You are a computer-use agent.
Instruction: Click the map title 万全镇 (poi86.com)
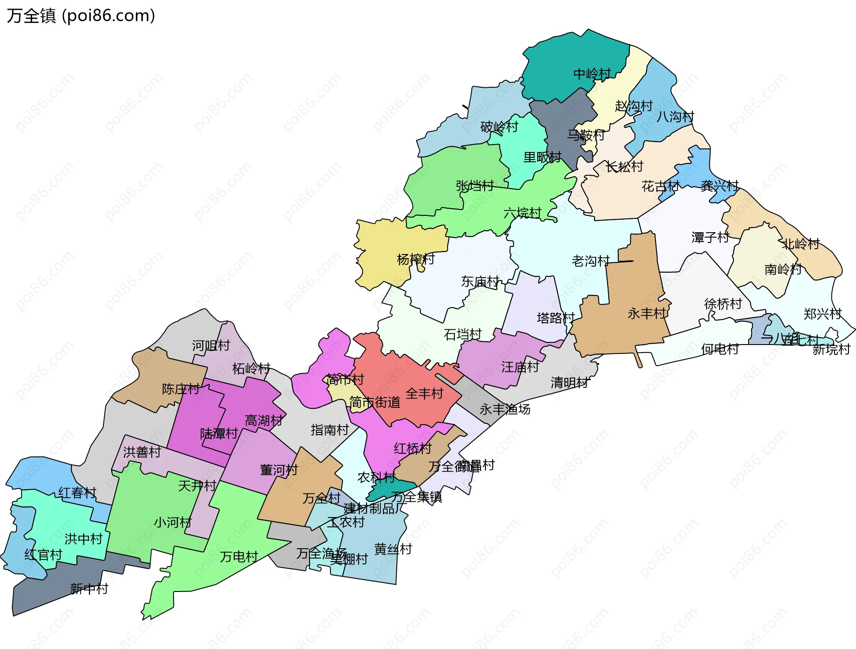81,16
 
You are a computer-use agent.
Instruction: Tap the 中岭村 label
592,74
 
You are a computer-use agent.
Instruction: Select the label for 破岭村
499,127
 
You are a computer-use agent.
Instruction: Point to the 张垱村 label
474,186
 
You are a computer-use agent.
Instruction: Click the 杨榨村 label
416,259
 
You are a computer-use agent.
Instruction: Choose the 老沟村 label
590,261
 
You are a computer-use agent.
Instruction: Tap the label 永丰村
646,313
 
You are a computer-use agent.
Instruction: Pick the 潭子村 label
710,237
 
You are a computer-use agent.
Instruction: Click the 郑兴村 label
822,314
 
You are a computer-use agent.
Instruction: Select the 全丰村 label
424,393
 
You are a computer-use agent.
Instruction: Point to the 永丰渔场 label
505,409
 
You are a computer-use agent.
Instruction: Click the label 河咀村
210,345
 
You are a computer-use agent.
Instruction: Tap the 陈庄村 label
181,389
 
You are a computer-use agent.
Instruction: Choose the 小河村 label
173,522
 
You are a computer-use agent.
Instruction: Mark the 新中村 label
89,589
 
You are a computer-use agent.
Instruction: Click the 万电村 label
239,556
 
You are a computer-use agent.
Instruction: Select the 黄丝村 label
393,549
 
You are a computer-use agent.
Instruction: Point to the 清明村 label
569,382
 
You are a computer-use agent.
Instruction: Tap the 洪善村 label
142,452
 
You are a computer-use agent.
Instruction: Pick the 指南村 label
329,430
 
